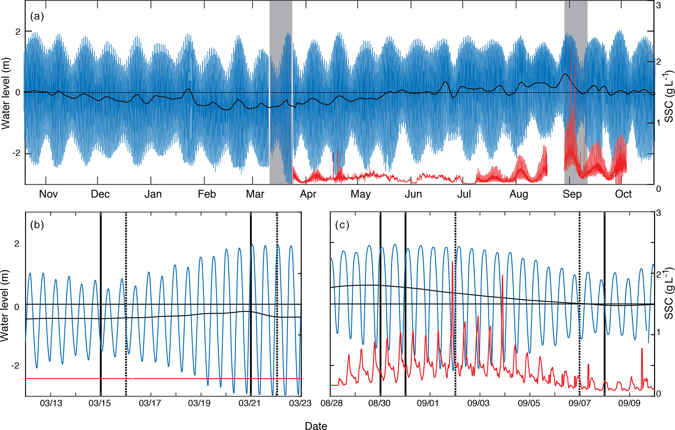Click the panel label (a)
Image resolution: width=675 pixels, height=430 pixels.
[37, 16]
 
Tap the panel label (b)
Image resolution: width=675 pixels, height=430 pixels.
[37, 225]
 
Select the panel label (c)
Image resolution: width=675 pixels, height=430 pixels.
[342, 225]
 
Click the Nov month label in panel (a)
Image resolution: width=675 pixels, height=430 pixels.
[48, 194]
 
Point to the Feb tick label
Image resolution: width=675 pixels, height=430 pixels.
[207, 194]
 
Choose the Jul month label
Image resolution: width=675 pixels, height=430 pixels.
[464, 194]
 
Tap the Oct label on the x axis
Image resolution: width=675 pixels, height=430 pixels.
[623, 194]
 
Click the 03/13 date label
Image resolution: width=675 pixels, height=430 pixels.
[51, 403]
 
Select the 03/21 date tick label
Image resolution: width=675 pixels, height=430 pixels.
[249, 403]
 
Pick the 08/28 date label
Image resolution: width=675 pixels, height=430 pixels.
[331, 403]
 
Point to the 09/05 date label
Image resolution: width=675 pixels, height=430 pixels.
[529, 403]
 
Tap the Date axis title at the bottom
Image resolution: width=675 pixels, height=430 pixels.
[316, 426]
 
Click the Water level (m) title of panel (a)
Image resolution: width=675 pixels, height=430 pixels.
[6, 93]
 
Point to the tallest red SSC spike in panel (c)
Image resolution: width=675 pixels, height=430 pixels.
[452, 263]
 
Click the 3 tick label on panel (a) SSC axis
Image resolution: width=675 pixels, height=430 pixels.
[658, 6]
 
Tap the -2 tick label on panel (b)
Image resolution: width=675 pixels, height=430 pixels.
[15, 365]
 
